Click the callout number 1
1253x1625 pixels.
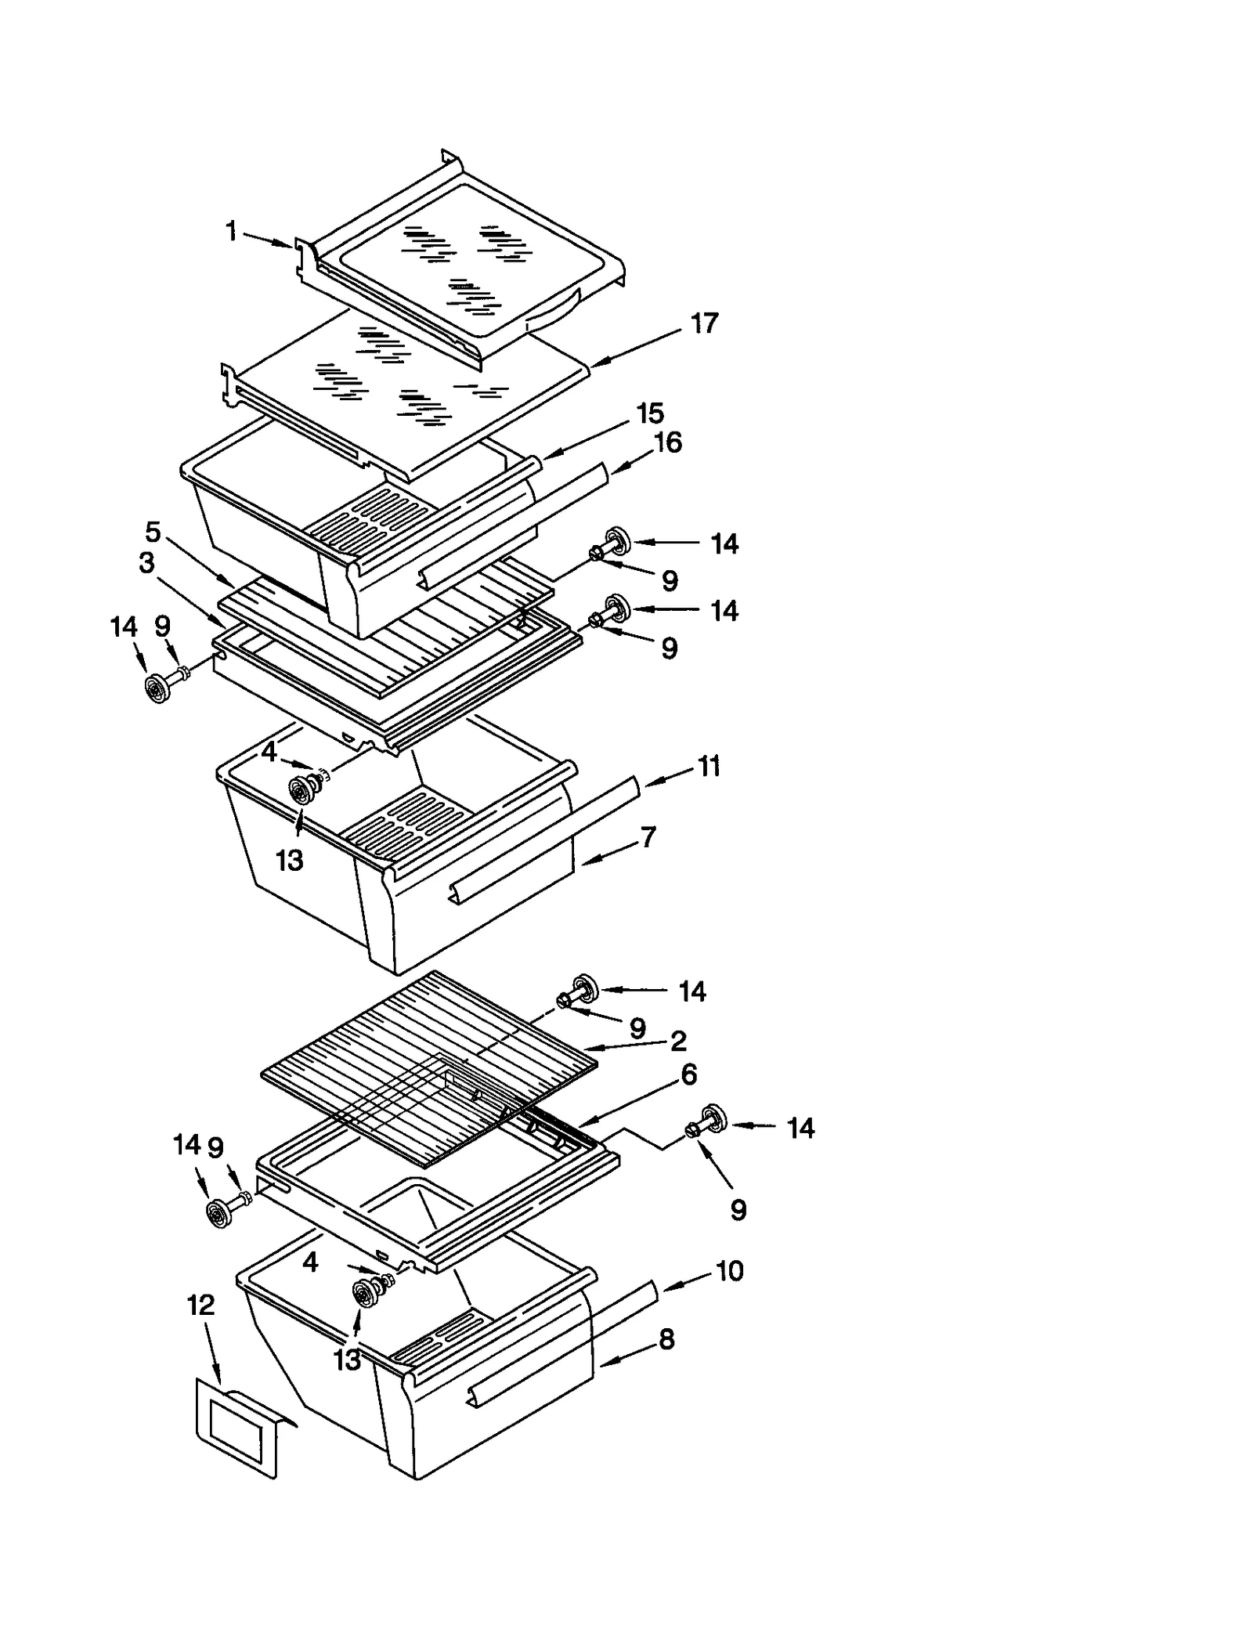(x=231, y=231)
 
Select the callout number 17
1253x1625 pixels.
(x=704, y=323)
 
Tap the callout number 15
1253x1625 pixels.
(x=650, y=413)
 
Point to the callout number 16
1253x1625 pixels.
(x=667, y=442)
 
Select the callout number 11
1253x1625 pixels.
(x=709, y=766)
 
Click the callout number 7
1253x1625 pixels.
(x=648, y=837)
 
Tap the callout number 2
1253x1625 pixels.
(x=678, y=1040)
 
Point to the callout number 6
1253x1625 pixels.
(x=688, y=1074)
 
